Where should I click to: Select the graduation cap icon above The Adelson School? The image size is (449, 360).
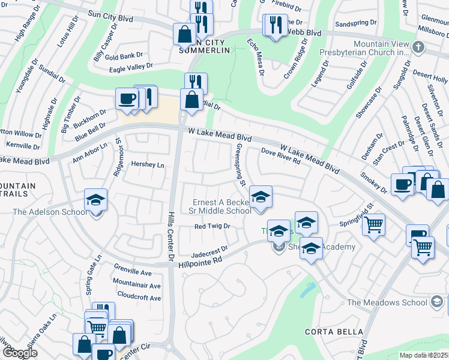pos(95,199)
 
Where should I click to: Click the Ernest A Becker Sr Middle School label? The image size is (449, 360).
pos(221,206)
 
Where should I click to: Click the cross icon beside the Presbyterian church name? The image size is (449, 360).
pos(418,46)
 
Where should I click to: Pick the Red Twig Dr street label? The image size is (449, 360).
pos(212,226)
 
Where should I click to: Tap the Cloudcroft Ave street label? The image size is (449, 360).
pos(139,298)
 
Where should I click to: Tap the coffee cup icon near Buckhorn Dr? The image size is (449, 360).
pos(127,98)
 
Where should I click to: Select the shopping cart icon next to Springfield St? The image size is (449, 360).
pos(374,224)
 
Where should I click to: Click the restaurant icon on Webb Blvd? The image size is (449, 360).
pos(275,25)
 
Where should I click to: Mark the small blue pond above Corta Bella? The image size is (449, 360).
pos(307,290)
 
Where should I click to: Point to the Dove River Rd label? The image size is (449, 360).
pos(280,159)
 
